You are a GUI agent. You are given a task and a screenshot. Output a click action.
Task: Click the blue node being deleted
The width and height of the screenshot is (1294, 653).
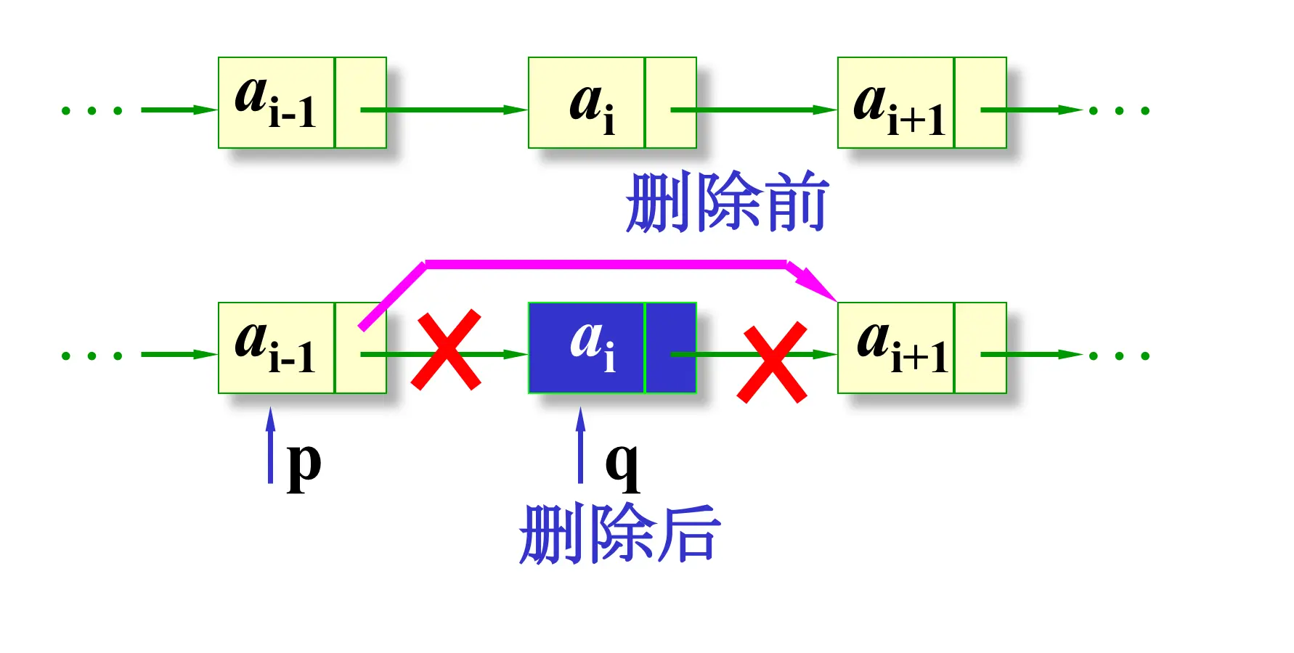point(612,348)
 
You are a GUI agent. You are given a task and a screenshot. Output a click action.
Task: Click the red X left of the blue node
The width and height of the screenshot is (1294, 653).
point(446,350)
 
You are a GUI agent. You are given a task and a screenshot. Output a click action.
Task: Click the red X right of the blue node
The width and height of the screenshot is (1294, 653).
point(772,362)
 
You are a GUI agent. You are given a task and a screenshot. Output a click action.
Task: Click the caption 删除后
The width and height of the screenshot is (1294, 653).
point(619,534)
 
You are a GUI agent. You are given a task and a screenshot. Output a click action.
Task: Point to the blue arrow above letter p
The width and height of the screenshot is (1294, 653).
point(271,444)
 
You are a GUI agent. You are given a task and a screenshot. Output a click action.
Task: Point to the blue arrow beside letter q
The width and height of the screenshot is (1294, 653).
point(580,444)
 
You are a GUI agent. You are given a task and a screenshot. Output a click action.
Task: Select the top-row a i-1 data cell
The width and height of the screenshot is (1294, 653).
point(276,103)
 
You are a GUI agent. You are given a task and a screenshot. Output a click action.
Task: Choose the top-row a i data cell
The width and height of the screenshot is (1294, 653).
point(586,103)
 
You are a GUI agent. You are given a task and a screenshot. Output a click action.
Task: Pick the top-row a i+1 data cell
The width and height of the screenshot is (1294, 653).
point(895,103)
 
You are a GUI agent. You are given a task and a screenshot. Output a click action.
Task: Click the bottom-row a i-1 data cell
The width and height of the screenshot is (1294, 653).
point(276,348)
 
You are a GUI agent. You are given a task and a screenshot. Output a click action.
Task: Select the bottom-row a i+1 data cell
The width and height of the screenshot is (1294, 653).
point(895,348)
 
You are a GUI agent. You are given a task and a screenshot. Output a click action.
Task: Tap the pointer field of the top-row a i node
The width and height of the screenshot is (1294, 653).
point(671,103)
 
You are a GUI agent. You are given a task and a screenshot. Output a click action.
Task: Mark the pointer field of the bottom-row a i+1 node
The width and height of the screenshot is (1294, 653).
point(980,348)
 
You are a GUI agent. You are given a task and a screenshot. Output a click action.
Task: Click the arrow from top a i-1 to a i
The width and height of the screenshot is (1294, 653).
point(450,110)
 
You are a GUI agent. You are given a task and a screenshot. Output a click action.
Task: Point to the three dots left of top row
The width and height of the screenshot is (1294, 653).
point(91,111)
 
